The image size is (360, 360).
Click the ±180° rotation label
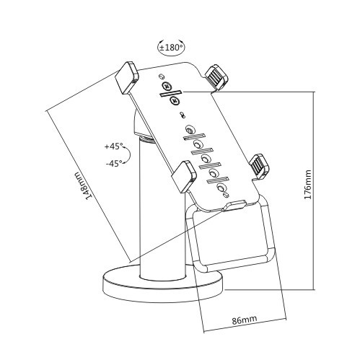click(x=170, y=48)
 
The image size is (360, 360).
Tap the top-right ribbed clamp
click(x=216, y=76)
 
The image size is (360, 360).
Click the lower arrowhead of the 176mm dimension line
click(x=315, y=287)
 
